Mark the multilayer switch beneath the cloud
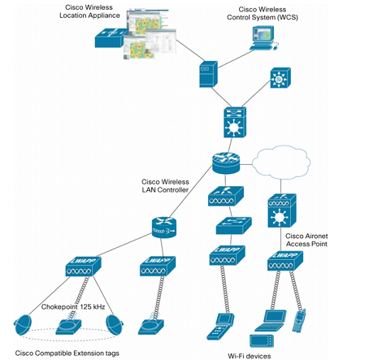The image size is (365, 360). [x=279, y=216]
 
